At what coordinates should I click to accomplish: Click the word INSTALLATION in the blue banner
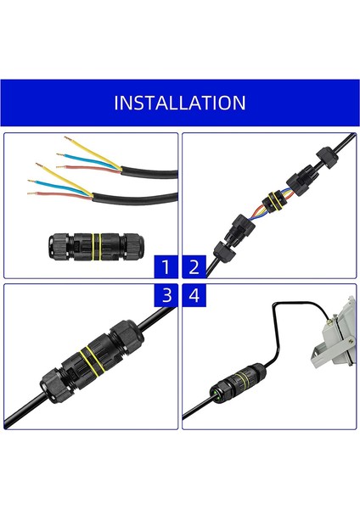(x=180, y=103)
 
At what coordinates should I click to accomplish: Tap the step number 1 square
(x=166, y=267)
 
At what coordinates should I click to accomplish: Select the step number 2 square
(x=194, y=267)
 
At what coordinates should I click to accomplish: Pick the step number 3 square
(x=166, y=295)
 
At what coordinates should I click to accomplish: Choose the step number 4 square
(x=194, y=295)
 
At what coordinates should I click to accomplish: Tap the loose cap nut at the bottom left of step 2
(x=222, y=251)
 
